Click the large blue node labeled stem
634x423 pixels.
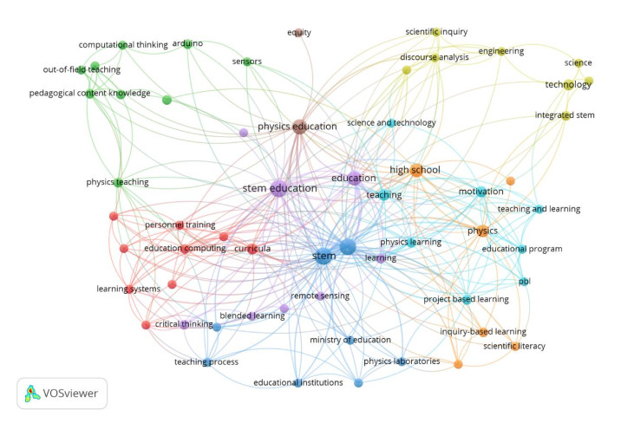point(348,247)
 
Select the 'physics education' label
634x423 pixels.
point(297,127)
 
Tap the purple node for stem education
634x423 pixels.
point(278,188)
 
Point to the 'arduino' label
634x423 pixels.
point(187,42)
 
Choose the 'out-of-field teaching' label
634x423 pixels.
point(82,69)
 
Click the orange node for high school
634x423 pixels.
point(416,170)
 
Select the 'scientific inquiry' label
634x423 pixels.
point(435,32)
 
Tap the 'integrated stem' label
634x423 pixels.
point(565,114)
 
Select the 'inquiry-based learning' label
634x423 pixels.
point(483,331)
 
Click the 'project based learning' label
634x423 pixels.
point(465,299)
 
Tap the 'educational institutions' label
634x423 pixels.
point(298,382)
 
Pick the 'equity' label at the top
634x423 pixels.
point(299,32)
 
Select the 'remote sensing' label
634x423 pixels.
point(320,296)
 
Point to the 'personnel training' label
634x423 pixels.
point(175,225)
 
